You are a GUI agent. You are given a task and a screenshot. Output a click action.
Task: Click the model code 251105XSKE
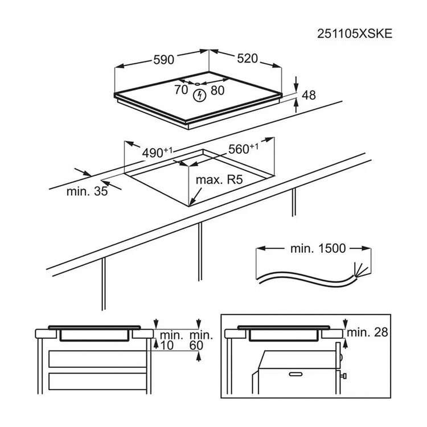point(355,34)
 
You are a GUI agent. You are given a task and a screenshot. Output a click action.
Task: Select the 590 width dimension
point(163,60)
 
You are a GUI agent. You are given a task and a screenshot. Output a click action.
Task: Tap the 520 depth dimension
point(247,58)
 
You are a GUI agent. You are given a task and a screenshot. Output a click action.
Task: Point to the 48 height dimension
point(309,95)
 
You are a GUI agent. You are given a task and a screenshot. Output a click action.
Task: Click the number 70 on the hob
point(182,89)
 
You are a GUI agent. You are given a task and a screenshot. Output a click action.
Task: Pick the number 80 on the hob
point(217,91)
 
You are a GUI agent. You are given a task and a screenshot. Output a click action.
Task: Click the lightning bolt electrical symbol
point(199,96)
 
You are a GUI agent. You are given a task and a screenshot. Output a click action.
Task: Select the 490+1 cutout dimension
point(157,153)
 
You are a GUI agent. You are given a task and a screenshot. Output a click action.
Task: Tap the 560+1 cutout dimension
point(243,149)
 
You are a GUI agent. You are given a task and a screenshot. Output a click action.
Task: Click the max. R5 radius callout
point(219,180)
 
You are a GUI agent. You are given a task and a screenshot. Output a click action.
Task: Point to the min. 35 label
point(87,191)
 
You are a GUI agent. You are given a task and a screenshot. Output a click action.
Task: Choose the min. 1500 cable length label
point(318,248)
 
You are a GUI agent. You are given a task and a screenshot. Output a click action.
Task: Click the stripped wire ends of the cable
point(360,270)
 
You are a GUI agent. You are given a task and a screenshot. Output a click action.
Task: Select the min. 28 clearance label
point(367,332)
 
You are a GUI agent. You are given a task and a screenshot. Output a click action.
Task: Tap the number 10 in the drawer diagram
point(167,346)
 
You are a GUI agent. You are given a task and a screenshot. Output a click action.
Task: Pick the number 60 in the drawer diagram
point(196,346)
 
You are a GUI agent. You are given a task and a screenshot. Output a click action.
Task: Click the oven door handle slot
point(295,374)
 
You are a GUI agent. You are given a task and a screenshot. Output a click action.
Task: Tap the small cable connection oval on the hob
point(198,84)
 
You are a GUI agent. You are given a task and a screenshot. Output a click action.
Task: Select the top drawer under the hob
point(98,359)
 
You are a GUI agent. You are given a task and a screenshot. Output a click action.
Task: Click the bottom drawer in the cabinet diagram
point(98,381)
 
